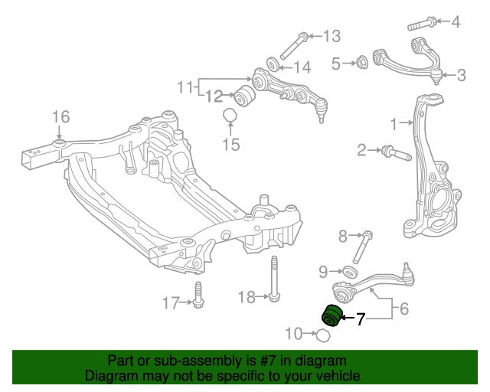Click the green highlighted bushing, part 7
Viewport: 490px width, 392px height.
pyautogui.click(x=332, y=315)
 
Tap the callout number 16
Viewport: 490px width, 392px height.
pyautogui.click(x=60, y=117)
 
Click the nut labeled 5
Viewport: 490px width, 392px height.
pyautogui.click(x=363, y=61)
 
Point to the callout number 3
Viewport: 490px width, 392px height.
pyautogui.click(x=461, y=75)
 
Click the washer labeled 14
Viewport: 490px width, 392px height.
pyautogui.click(x=272, y=63)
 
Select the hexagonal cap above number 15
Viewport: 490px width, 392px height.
pyautogui.click(x=230, y=116)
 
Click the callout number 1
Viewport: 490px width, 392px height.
pyautogui.click(x=394, y=124)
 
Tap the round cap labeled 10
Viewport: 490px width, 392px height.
pyautogui.click(x=323, y=335)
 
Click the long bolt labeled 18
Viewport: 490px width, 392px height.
pyautogui.click(x=272, y=279)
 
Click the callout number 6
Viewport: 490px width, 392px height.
pyautogui.click(x=404, y=309)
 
